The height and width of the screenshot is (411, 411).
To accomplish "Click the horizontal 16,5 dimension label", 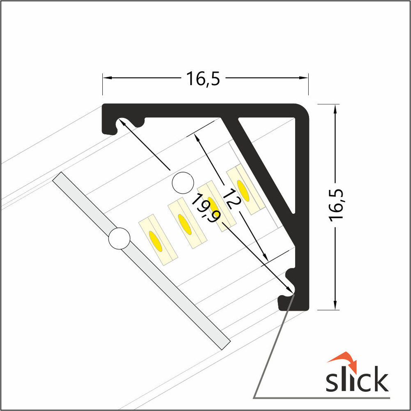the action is (203, 79).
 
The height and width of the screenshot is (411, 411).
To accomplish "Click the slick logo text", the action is (357, 379).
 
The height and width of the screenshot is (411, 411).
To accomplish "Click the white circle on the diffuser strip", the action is (119, 238).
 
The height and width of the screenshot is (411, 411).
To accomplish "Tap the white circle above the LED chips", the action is (183, 183).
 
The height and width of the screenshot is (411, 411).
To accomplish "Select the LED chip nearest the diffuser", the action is (158, 240).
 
